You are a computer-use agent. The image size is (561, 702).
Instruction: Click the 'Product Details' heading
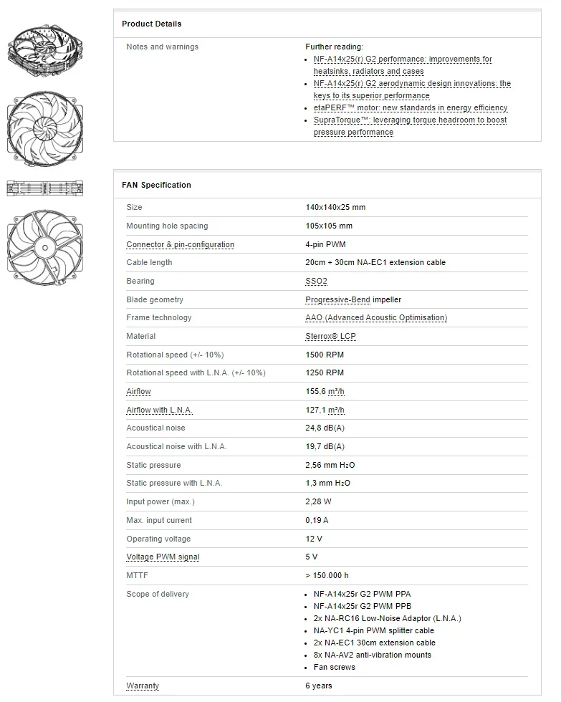(151, 24)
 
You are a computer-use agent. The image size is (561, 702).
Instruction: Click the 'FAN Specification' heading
(156, 185)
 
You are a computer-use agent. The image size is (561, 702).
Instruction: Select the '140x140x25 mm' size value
(335, 207)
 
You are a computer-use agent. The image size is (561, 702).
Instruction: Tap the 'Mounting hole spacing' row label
(167, 226)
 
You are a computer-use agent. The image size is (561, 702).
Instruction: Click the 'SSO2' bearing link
(316, 281)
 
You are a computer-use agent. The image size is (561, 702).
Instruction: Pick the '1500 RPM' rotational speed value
(325, 355)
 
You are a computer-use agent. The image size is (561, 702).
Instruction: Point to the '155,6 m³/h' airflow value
(325, 391)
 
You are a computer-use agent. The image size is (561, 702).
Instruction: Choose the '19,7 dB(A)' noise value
(325, 446)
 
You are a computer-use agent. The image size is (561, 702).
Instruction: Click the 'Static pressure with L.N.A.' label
(174, 483)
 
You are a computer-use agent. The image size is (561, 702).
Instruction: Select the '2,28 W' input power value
(318, 501)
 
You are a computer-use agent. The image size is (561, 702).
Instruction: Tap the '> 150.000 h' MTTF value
(327, 575)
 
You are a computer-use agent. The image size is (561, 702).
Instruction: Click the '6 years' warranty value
(319, 686)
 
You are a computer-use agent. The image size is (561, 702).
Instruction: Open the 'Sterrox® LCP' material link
(330, 336)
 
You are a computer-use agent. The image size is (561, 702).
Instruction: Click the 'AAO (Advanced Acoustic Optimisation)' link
(375, 317)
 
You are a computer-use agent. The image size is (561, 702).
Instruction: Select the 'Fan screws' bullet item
(334, 667)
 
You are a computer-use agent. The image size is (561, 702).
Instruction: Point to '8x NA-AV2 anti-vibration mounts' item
(372, 655)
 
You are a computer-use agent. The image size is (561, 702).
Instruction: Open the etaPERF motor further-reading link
(410, 107)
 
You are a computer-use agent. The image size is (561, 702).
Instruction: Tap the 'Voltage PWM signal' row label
(163, 557)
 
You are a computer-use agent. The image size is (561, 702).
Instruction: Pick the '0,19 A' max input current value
(317, 520)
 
